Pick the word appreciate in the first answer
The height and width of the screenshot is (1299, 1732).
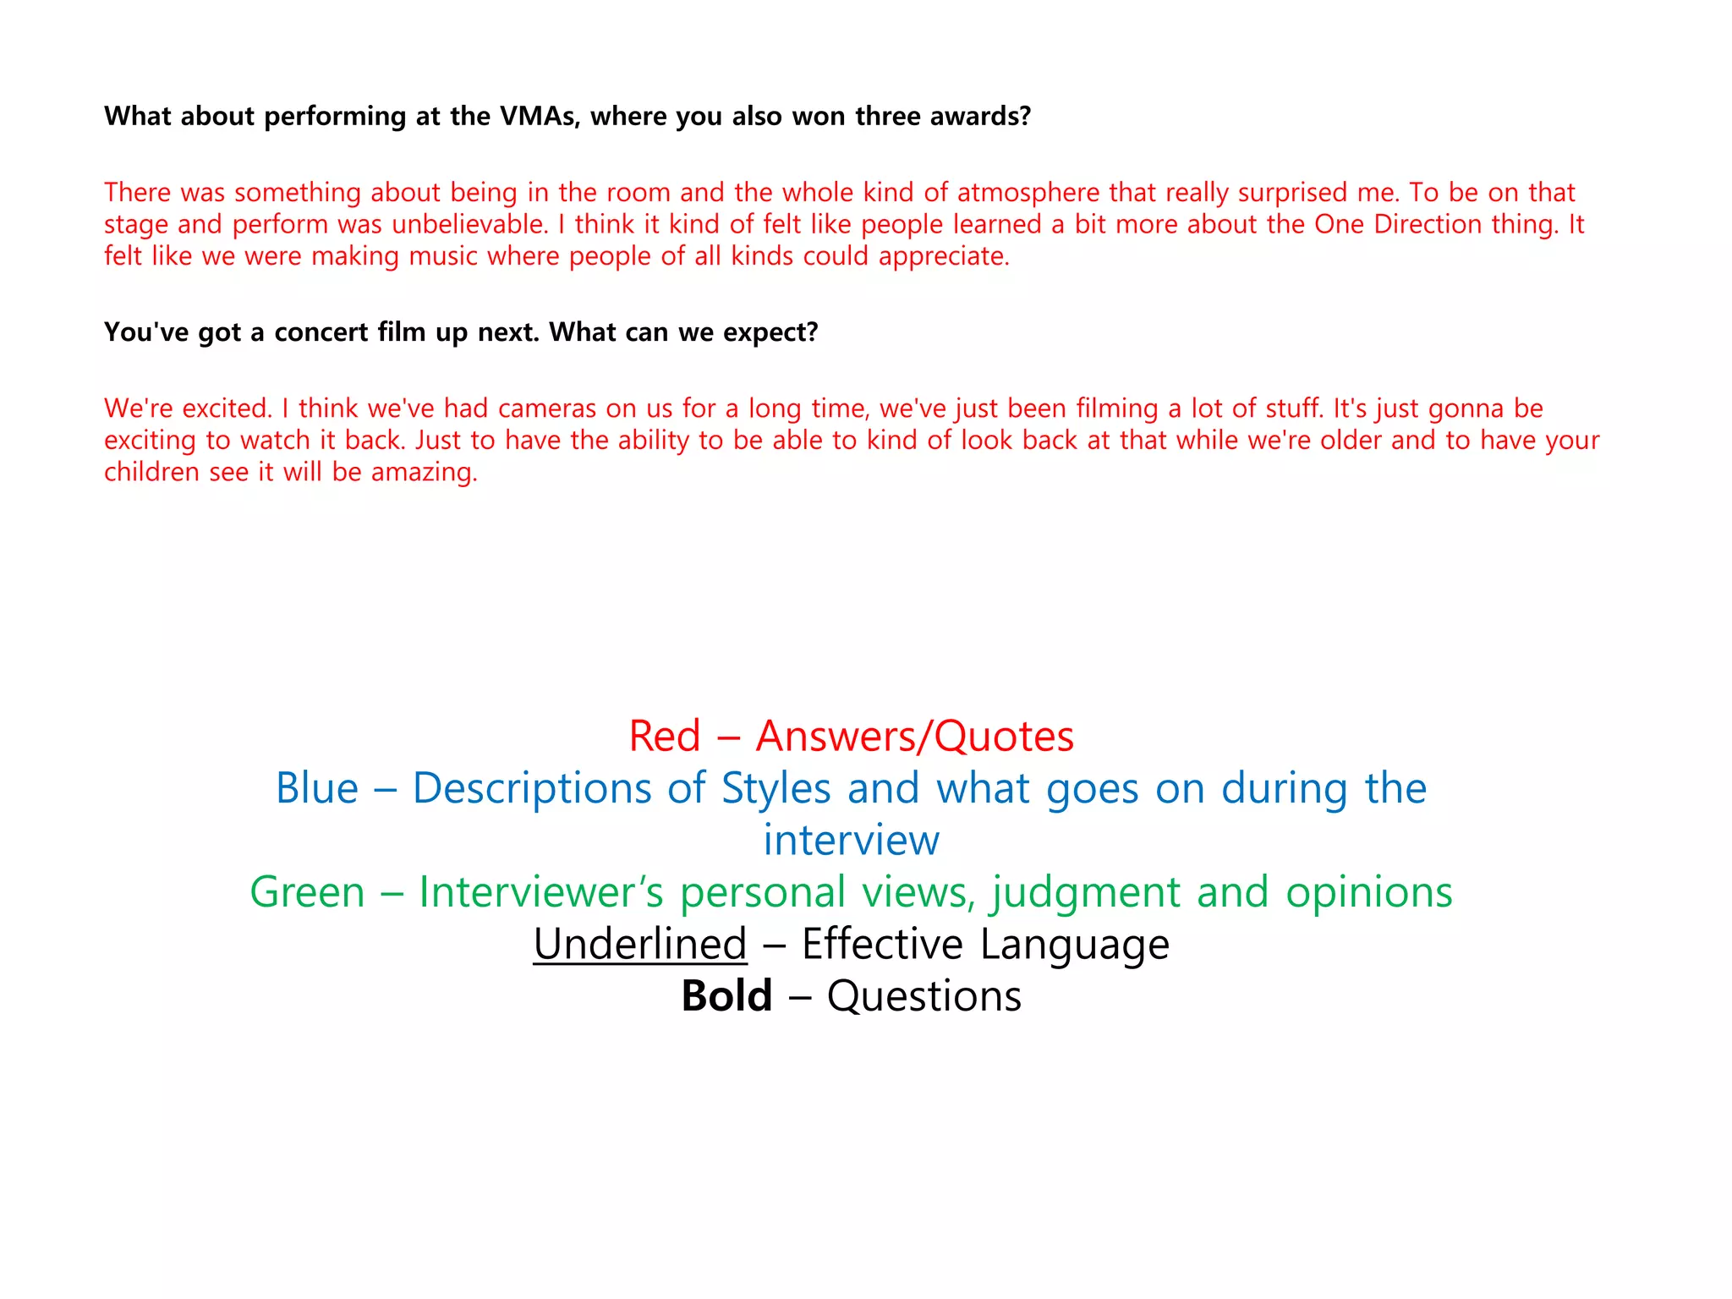944,256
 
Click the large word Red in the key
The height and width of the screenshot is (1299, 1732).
665,736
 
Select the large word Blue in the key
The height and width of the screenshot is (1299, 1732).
317,788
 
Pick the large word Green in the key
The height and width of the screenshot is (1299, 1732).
307,892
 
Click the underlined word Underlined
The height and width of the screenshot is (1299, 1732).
640,944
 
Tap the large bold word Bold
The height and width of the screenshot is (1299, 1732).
726,996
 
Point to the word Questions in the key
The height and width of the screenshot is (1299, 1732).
924,996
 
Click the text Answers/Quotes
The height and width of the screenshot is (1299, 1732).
915,736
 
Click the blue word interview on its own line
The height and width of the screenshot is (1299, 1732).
851,841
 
